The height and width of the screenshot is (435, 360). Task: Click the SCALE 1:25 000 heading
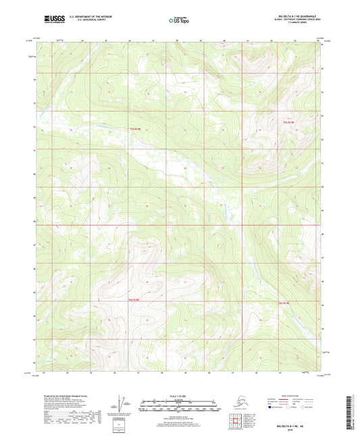(x=180, y=395)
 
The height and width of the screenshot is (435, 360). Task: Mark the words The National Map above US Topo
(x=180, y=17)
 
